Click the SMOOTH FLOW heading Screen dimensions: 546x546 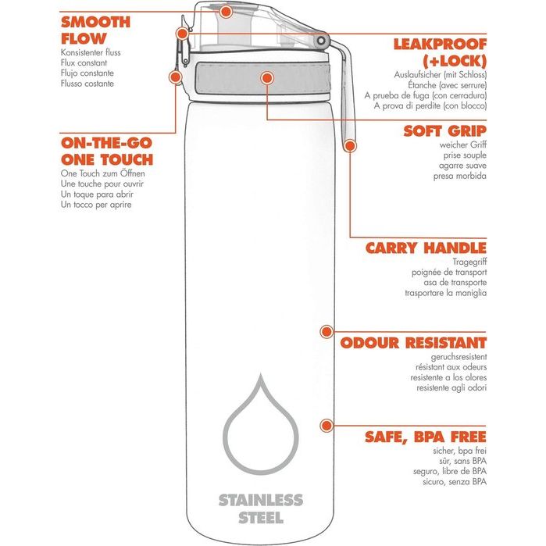95,29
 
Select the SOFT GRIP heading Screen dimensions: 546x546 445,130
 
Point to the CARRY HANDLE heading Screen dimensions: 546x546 426,248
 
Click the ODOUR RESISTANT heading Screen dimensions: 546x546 413,342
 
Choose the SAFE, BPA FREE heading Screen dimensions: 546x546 426,436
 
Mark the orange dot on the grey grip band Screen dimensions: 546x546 267,78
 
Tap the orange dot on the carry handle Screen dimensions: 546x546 350,145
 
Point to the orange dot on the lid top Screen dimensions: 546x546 226,12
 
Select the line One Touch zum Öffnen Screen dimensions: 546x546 103,173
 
